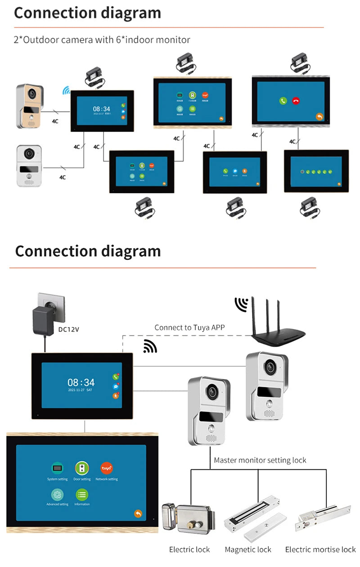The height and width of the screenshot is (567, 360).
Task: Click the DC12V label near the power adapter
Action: [68, 329]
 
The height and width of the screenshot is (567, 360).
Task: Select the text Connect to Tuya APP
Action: [189, 327]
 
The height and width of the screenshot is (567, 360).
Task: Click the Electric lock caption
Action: [189, 549]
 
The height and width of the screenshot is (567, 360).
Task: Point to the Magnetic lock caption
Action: [248, 549]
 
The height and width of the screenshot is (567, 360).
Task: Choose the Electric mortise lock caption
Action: [320, 549]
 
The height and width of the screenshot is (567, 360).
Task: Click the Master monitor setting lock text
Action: [260, 460]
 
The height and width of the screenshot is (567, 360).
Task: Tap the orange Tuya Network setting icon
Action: [107, 468]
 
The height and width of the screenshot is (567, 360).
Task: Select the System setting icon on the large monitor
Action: [57, 468]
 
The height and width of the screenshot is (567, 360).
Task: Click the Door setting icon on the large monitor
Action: [82, 468]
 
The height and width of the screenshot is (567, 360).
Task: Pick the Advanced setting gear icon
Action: [57, 494]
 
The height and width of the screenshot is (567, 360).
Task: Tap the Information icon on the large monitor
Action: [82, 494]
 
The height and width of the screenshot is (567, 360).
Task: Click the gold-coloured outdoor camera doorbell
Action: [30, 106]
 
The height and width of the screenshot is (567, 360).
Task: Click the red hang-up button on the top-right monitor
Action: [296, 101]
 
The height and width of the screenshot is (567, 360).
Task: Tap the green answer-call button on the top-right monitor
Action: [283, 101]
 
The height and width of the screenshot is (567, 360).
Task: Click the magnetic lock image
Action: [256, 518]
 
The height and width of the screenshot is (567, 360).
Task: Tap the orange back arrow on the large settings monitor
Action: [138, 514]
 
